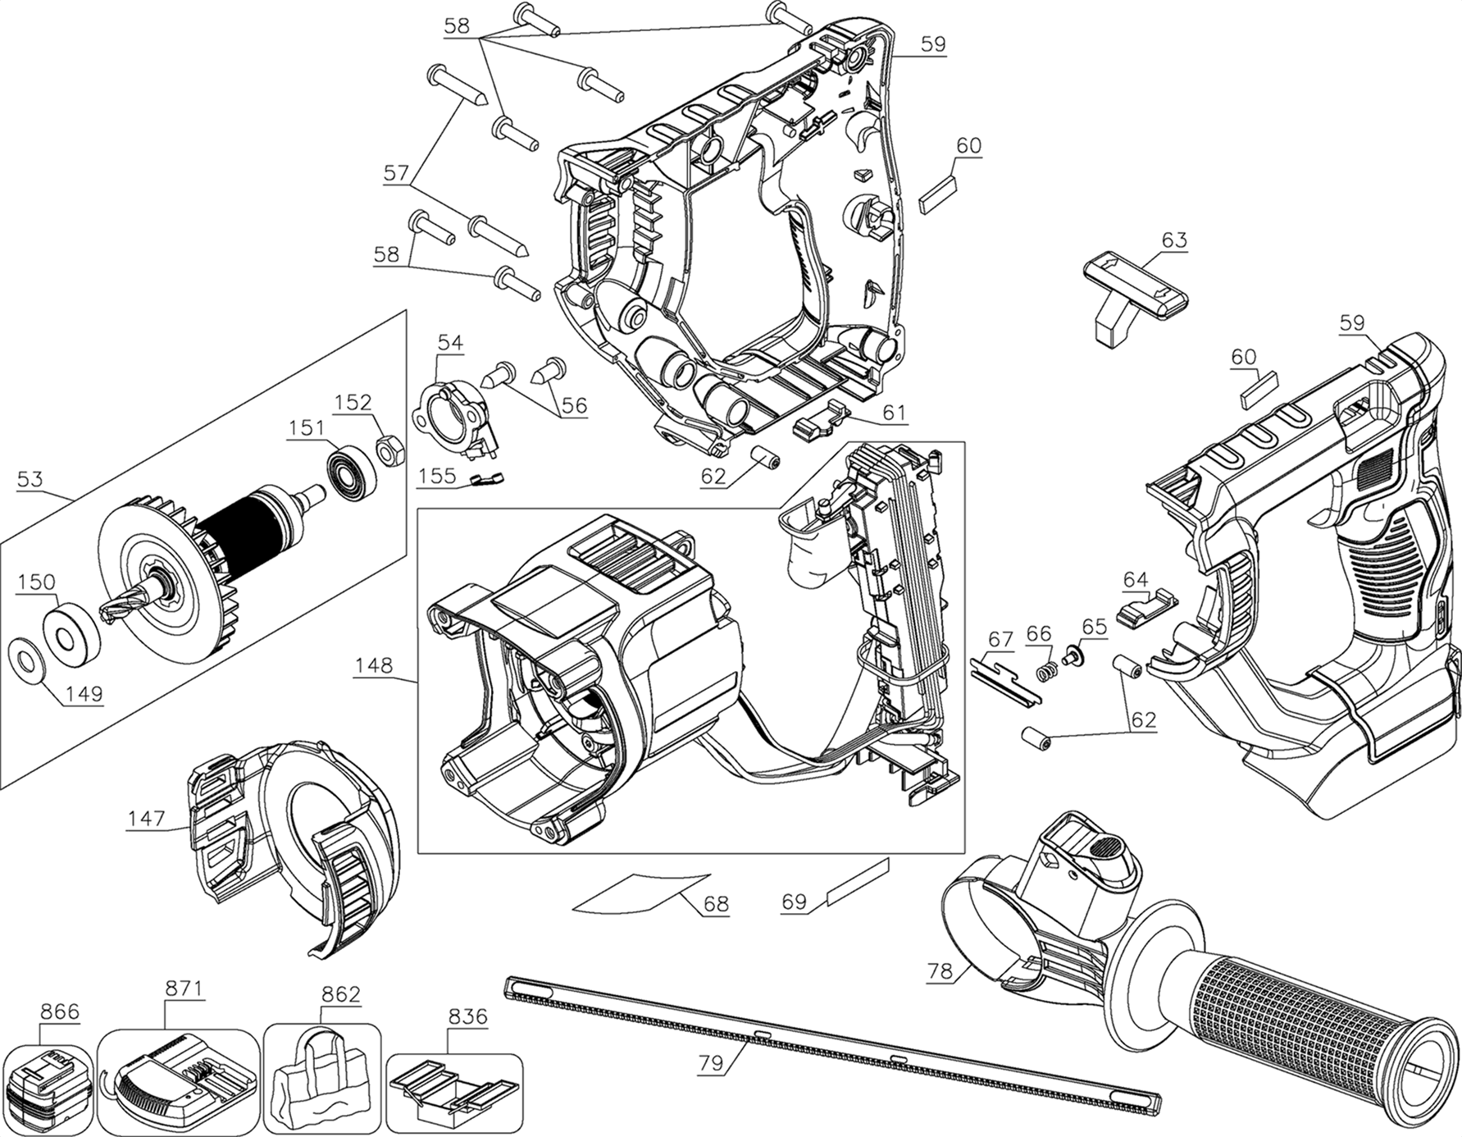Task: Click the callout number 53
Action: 30,478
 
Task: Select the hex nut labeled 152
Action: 387,451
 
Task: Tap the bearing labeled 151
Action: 351,468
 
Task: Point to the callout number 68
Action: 716,905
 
